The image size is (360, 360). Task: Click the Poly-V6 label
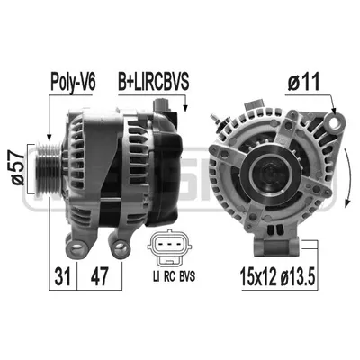pos(73,82)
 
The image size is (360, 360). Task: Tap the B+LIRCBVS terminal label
pos(153,82)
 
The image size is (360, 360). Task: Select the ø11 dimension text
pos(303,82)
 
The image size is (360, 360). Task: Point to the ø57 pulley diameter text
pos(17,168)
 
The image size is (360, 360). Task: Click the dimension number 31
pos(63,276)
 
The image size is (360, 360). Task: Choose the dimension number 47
pos(99,276)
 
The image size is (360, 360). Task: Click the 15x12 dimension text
pos(258,276)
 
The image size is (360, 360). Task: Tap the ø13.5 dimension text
pos(298,276)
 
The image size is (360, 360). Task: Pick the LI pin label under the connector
pos(156,276)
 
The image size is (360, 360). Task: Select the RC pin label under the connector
pos(169,276)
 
